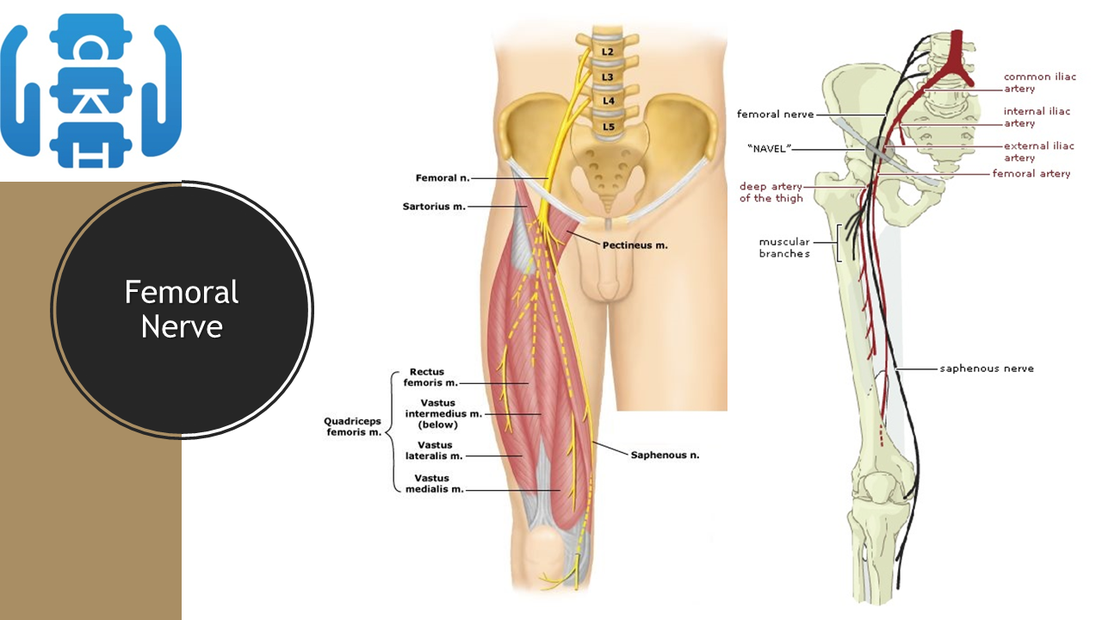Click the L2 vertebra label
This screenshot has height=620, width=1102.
point(608,52)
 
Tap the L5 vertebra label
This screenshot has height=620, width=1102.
point(608,127)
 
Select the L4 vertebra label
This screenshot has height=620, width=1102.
point(608,101)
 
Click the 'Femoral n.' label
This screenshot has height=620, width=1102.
point(443,178)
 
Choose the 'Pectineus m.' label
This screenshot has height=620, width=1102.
point(635,245)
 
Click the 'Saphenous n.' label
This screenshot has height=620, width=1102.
point(665,455)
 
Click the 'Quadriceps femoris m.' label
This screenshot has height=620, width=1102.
point(352,426)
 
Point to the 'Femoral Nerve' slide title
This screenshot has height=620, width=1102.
point(182,309)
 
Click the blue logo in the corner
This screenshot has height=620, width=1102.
point(90,90)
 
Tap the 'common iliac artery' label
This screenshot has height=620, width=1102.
point(1039,83)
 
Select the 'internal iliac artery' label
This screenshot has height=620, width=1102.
point(1037,117)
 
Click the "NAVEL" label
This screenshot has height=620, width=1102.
point(769,148)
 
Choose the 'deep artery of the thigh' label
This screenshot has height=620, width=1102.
point(771,192)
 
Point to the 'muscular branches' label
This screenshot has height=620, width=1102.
point(783,248)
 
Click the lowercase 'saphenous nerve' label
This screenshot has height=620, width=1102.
point(986,369)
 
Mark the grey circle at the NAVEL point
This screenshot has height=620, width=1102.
point(880,152)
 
